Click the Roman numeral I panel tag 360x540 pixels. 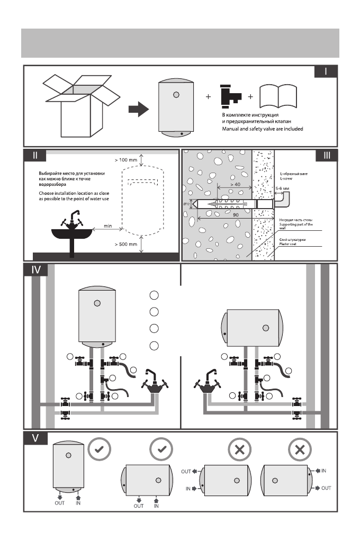tap(326, 71)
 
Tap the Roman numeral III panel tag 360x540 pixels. tap(327, 155)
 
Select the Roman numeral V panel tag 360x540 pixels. tap(35, 438)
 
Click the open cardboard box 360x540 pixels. tap(82, 106)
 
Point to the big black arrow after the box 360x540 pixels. tap(139, 109)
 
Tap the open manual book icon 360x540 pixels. tap(278, 96)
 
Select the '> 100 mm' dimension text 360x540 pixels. tap(126, 160)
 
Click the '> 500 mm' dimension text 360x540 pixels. tap(126, 244)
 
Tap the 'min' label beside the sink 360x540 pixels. tap(108, 226)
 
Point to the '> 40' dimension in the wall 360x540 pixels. tap(235, 184)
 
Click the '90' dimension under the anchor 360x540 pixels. tap(236, 215)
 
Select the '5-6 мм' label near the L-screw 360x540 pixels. tap(282, 188)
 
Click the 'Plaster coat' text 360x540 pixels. tap(287, 244)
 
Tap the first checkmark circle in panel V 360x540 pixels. tap(99, 449)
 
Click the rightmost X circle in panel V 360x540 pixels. tap(300, 449)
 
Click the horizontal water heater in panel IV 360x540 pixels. tap(252, 328)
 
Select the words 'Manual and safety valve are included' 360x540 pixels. tap(263, 129)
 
